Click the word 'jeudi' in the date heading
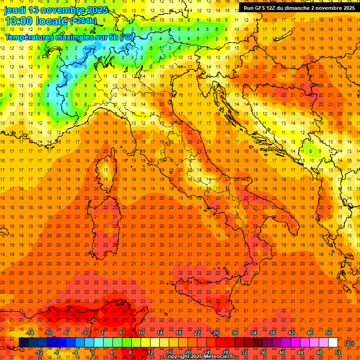(15, 10)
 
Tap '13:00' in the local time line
(17, 21)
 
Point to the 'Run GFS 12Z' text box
(299, 8)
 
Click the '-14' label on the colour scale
(30, 333)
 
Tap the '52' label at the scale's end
(338, 352)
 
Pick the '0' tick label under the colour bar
(92, 352)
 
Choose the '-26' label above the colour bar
(215, 333)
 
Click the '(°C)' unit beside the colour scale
(349, 343)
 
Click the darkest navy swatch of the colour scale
(23, 343)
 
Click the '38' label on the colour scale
(272, 333)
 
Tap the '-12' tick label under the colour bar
(39, 352)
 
